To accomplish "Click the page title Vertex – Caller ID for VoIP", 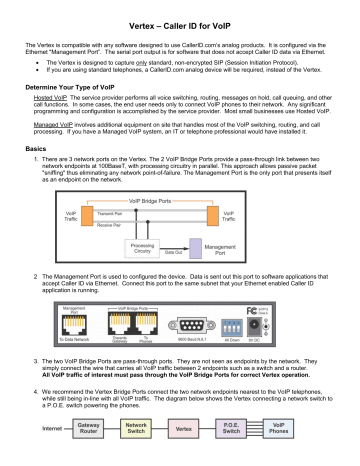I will click(179, 25).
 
